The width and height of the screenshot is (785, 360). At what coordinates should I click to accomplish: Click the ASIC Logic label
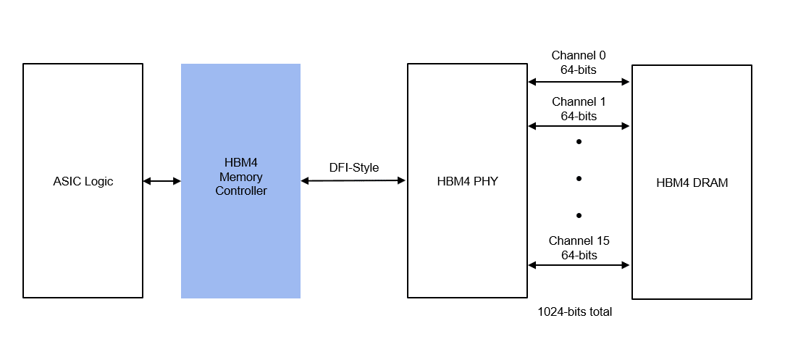(x=83, y=181)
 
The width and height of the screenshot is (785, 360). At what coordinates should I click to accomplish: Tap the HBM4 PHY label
(x=466, y=181)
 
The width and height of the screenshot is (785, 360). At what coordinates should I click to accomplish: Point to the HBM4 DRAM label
(x=692, y=183)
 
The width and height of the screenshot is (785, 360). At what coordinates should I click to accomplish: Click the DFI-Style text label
(x=353, y=167)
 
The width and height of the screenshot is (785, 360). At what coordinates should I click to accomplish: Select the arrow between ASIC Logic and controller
(x=161, y=181)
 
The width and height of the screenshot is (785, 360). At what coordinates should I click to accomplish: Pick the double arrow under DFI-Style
(x=353, y=180)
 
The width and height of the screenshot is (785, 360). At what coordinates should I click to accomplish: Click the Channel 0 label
(x=579, y=55)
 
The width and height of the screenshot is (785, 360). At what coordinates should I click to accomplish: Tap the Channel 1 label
(x=579, y=101)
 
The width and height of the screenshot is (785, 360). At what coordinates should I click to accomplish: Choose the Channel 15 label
(x=579, y=240)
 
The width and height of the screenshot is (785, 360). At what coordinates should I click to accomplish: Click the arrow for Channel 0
(x=579, y=82)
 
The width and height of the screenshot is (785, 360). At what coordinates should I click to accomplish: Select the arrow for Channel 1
(x=579, y=126)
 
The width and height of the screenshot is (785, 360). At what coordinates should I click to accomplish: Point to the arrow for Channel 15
(x=579, y=265)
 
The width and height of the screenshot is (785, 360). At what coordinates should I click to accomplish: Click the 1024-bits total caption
(x=574, y=312)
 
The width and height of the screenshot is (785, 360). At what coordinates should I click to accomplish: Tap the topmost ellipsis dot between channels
(x=579, y=142)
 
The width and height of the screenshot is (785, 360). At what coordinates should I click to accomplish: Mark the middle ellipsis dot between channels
(x=579, y=179)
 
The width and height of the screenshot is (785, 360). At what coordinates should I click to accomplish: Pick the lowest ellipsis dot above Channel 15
(x=579, y=215)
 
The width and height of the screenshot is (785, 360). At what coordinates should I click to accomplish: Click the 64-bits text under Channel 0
(x=579, y=70)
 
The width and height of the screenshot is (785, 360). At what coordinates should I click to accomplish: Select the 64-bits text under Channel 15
(x=579, y=255)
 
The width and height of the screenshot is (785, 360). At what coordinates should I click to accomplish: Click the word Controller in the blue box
(x=240, y=191)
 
